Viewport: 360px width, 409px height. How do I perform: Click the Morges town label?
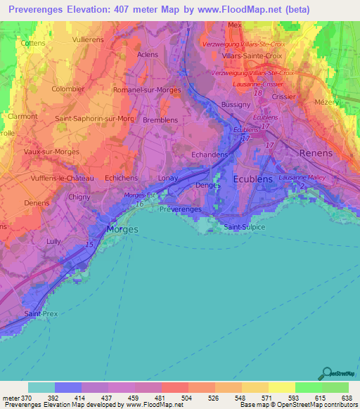tap(122, 229)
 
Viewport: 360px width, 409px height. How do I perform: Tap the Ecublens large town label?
tap(254, 178)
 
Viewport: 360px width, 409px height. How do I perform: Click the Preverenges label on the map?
tap(181, 209)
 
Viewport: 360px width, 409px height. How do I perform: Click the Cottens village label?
tap(33, 43)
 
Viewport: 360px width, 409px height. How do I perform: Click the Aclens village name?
tap(148, 54)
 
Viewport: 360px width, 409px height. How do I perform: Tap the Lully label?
tap(52, 241)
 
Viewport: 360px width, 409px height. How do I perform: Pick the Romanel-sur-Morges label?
tap(148, 90)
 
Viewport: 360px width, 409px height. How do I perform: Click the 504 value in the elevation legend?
tap(187, 398)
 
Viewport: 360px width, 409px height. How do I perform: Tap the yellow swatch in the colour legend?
tap(281, 387)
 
